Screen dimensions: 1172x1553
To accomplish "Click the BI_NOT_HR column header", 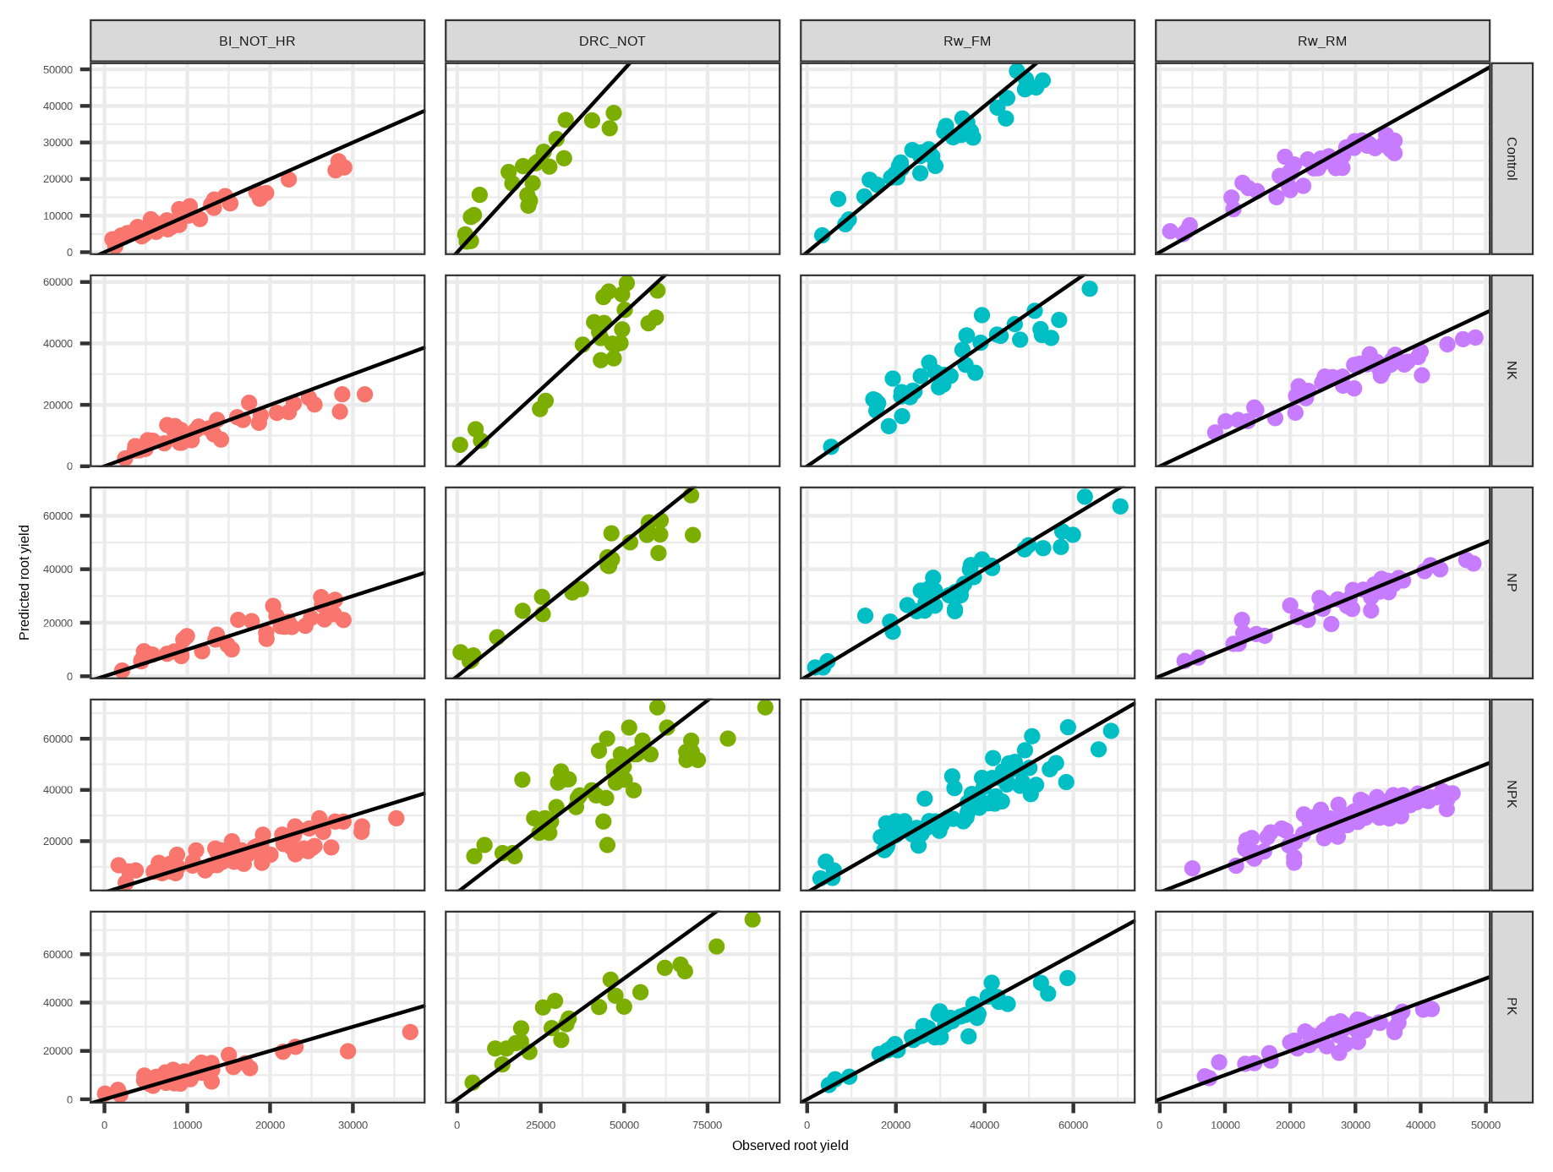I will [x=257, y=41].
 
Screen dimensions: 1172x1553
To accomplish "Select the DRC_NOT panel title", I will [x=612, y=41].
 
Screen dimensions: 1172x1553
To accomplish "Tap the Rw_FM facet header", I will [x=967, y=41].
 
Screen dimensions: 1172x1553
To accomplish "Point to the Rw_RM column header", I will [x=1322, y=41].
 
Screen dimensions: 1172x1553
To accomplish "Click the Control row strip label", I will [x=1512, y=158].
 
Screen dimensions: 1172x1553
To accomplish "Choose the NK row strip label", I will [x=1512, y=370].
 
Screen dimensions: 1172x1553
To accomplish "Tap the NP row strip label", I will [x=1512, y=582].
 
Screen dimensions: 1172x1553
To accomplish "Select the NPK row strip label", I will [x=1512, y=794].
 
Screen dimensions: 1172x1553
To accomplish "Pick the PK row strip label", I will [x=1512, y=1006].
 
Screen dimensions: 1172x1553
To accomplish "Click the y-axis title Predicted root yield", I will [x=25, y=582].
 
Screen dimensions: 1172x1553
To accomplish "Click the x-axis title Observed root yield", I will [x=790, y=1146].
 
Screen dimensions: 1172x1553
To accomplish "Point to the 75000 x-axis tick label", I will [x=708, y=1126].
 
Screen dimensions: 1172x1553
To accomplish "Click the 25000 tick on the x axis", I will [x=541, y=1126].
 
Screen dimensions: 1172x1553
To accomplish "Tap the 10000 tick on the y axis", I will [x=58, y=215].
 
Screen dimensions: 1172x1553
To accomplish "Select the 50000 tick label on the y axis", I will [x=58, y=69].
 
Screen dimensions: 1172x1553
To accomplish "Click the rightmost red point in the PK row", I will [x=410, y=1032].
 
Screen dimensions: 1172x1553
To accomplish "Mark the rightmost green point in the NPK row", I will [x=765, y=707].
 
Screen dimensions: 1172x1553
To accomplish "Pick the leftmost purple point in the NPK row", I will [x=1192, y=868].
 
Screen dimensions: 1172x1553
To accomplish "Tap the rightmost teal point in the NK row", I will [x=1090, y=289].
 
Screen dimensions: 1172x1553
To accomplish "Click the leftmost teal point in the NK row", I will [x=831, y=446].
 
